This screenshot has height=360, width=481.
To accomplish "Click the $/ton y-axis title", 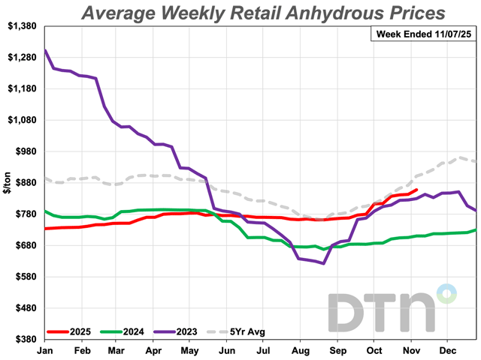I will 8,184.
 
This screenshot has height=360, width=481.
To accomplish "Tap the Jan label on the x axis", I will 46,349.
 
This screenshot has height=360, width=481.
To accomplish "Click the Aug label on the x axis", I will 298,349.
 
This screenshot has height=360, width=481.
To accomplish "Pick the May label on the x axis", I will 189,349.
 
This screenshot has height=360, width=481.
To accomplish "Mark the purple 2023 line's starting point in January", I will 46,50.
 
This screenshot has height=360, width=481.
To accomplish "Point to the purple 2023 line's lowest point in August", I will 323,263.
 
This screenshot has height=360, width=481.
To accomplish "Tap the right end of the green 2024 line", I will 475,230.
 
